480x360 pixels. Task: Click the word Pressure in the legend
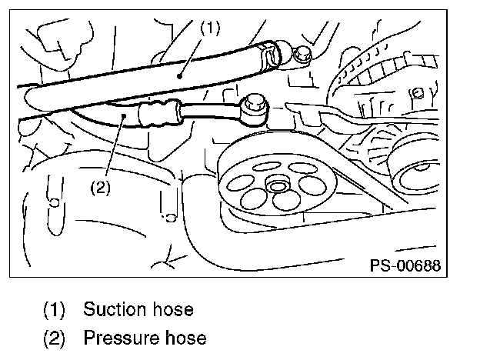point(121,338)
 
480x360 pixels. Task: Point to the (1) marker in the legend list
point(55,310)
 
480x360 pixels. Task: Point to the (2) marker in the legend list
point(55,338)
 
